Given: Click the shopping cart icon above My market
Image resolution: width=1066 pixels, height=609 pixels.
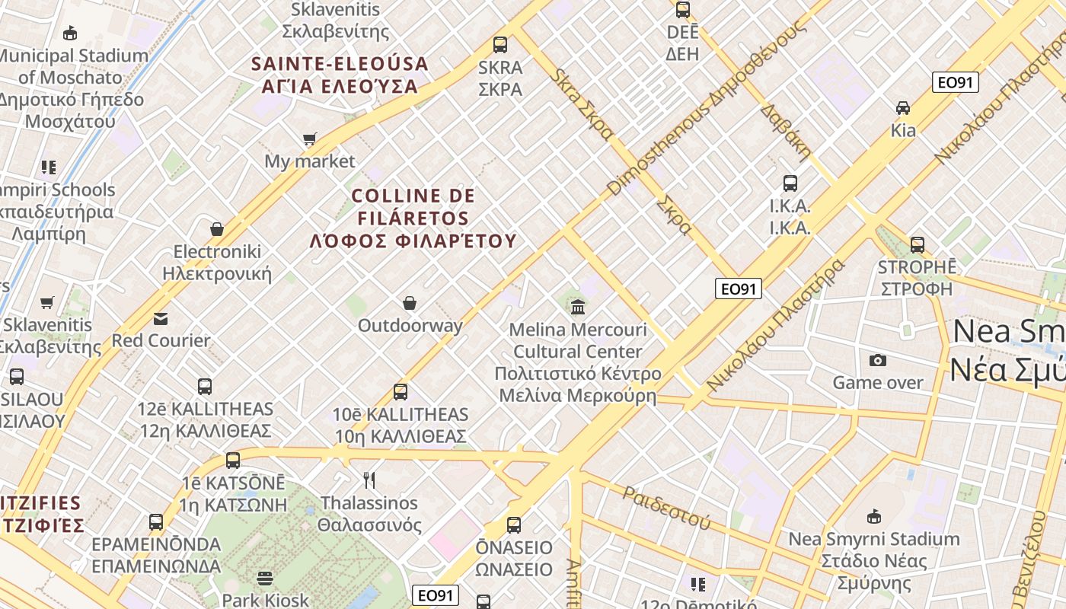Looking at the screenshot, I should pyautogui.click(x=309, y=139).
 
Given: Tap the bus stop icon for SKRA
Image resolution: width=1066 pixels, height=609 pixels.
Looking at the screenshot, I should pyautogui.click(x=500, y=45).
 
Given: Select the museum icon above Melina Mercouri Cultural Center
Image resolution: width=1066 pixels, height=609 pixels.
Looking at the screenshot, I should pyautogui.click(x=578, y=308).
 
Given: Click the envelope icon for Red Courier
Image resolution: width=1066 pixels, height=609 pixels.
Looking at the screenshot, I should pyautogui.click(x=161, y=318).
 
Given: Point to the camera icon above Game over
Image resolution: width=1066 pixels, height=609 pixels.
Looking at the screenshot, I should pyautogui.click(x=878, y=360).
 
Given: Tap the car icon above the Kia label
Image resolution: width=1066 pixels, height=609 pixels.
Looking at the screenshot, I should pyautogui.click(x=903, y=107).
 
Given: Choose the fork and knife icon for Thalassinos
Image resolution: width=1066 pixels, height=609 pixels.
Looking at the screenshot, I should pyautogui.click(x=369, y=480).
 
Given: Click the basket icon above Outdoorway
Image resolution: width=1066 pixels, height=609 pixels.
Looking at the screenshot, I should pyautogui.click(x=410, y=303).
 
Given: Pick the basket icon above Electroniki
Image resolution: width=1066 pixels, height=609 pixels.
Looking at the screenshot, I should pyautogui.click(x=217, y=229).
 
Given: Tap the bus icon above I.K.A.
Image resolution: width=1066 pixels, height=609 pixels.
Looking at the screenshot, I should pyautogui.click(x=790, y=183).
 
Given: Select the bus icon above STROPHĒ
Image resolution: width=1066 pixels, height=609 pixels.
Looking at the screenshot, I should pyautogui.click(x=918, y=245).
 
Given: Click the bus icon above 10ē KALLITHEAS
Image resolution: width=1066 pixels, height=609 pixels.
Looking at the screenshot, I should pyautogui.click(x=401, y=392).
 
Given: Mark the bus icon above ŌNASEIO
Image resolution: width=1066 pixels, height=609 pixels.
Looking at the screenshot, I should pyautogui.click(x=514, y=525).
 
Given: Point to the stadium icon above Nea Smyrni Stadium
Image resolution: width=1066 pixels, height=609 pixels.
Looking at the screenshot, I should pyautogui.click(x=874, y=516).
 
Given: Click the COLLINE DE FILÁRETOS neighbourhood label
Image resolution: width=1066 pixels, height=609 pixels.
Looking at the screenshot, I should pyautogui.click(x=413, y=218).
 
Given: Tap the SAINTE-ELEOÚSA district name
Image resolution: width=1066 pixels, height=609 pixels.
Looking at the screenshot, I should pyautogui.click(x=340, y=75).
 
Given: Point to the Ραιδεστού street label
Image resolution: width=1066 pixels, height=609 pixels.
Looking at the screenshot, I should pyautogui.click(x=666, y=508).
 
